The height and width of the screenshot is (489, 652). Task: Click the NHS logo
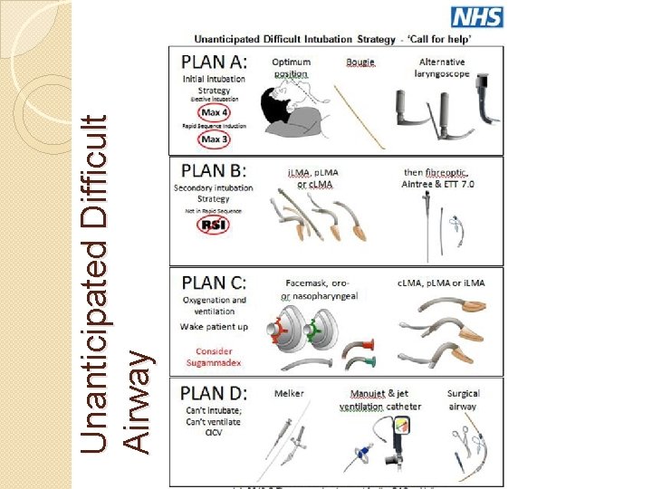476,16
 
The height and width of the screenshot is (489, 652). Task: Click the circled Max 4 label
213,111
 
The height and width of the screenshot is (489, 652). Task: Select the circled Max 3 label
213,139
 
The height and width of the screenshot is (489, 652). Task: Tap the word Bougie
360,62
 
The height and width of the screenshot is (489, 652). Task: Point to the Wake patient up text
214,326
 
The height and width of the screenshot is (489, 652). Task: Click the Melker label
288,394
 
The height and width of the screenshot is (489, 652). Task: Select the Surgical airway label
463,400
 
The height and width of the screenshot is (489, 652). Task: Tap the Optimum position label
290,68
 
